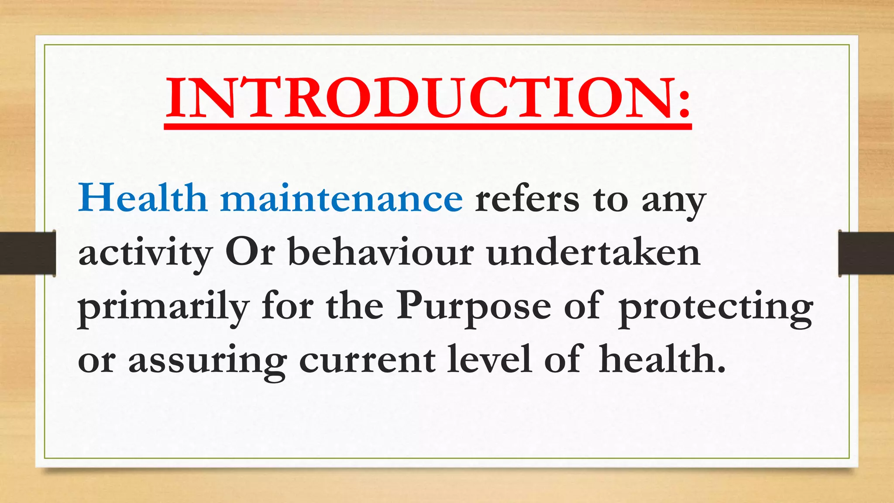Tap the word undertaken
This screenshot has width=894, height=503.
pos(594,252)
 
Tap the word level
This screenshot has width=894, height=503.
pos(489,359)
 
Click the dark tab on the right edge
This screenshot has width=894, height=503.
pos(866,253)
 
